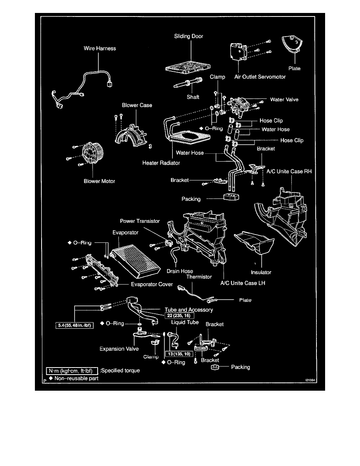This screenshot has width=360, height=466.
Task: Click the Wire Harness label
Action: pos(100,49)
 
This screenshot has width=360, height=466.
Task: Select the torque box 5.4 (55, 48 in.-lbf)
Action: pos(74,325)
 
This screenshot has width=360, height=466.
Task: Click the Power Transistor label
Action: pos(140,221)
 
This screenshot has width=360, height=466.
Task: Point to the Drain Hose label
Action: pos(180,271)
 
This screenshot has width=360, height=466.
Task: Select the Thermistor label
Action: pos(199,277)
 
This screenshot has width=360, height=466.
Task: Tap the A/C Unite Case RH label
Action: pos(289,171)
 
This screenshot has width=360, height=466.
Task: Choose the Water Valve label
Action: pos(284,100)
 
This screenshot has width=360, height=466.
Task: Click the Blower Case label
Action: pos(137,106)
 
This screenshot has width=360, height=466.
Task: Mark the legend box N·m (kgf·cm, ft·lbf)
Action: pos(71,370)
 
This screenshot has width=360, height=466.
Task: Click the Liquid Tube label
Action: pos(184,322)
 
